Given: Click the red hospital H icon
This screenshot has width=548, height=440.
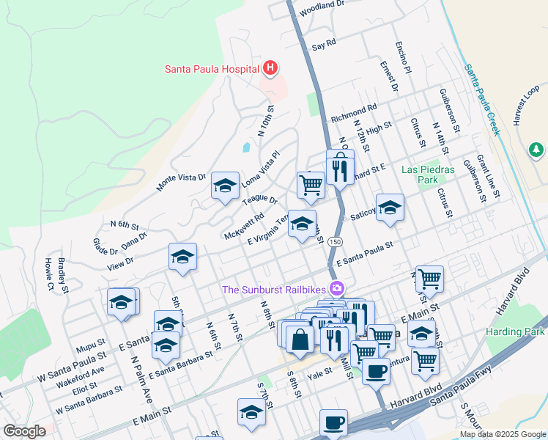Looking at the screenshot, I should [x=270, y=69].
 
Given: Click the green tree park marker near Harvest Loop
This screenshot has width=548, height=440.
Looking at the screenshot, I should [x=536, y=150].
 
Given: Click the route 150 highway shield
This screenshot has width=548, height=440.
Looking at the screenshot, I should [x=334, y=241].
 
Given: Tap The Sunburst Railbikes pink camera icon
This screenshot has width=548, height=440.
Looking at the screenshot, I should [x=337, y=289].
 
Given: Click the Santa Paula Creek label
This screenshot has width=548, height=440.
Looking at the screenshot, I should [x=482, y=100].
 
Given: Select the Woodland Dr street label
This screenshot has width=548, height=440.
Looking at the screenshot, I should [x=322, y=8].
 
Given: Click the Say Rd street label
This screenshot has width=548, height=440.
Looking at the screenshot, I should [x=323, y=45].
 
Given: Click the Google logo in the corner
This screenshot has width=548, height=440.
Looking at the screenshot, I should [x=24, y=431].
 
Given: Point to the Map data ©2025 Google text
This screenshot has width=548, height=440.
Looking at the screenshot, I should [x=502, y=434].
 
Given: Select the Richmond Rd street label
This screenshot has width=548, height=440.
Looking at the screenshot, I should [x=354, y=112].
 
